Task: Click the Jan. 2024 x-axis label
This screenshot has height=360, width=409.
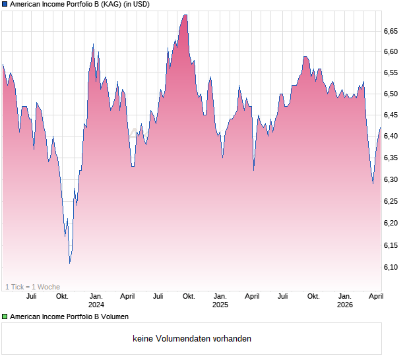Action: tap(96, 301)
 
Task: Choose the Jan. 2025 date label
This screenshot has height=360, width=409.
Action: tap(220, 301)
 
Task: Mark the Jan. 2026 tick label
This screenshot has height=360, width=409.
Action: tap(344, 301)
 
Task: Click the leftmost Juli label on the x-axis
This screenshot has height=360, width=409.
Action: tap(31, 297)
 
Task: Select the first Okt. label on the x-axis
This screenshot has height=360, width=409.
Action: tap(62, 297)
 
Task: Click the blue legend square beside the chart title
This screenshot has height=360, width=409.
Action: tap(5, 5)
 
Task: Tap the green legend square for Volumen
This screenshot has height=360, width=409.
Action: tap(5, 317)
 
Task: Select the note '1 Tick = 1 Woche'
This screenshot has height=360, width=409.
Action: tap(32, 287)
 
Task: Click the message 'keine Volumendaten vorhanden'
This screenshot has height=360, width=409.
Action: tap(192, 339)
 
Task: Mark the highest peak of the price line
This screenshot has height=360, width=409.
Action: tap(185, 15)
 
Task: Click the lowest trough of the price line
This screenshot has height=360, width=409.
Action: tap(70, 262)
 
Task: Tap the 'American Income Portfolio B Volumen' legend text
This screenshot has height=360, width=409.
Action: tap(69, 317)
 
